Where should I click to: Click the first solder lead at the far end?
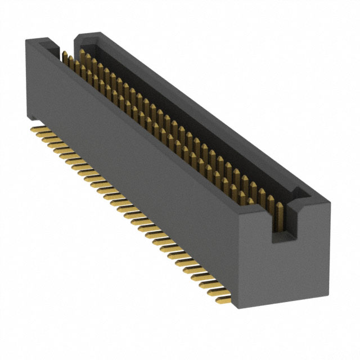tap(37, 129)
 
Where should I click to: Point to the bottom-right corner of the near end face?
tap(328, 292)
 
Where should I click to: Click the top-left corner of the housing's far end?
tap(25, 40)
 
